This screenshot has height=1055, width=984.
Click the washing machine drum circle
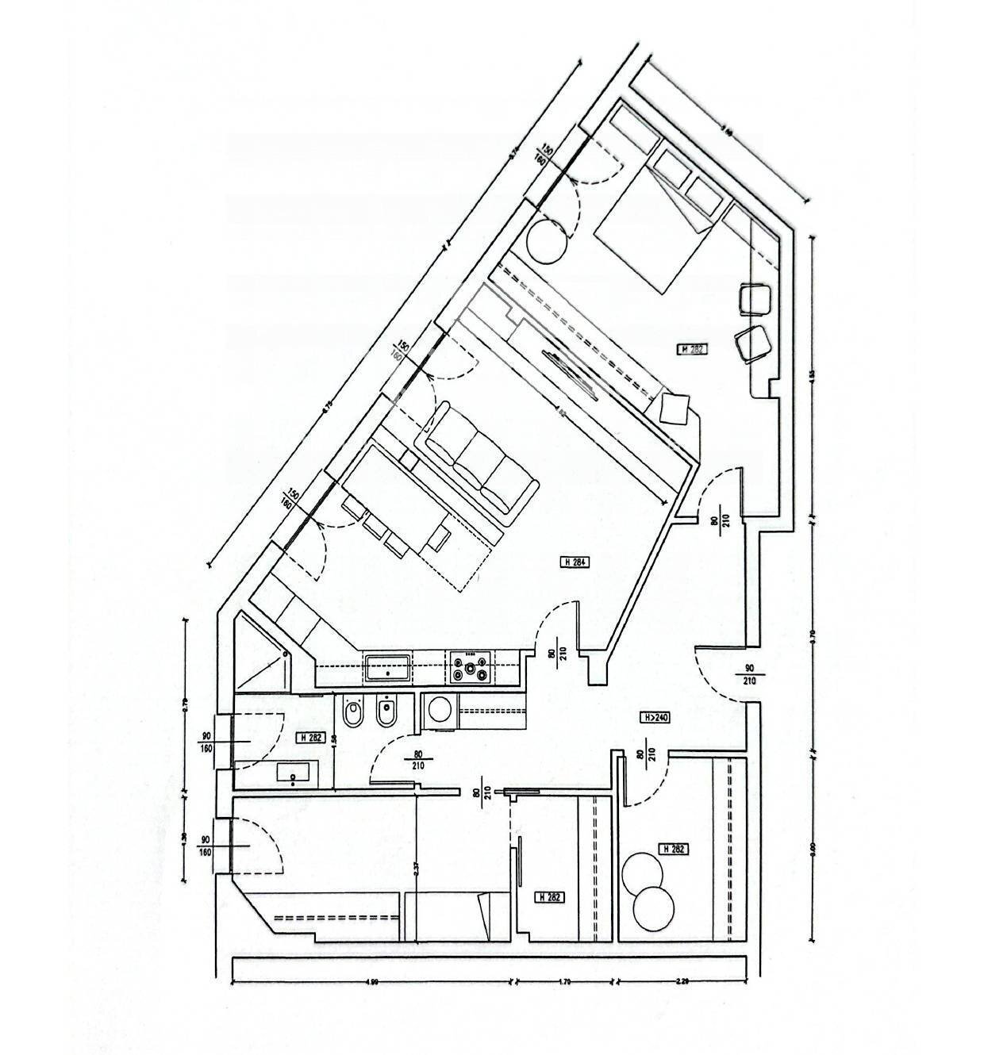[x=440, y=708]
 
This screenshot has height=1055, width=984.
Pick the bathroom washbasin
[x=294, y=771]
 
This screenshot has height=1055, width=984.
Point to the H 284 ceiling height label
[x=576, y=562]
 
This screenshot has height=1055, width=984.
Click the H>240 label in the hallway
[x=655, y=717]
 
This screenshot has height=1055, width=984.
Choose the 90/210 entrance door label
[x=750, y=674]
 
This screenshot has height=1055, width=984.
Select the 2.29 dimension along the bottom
[x=682, y=984]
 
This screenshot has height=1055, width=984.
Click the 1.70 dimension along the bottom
[x=564, y=984]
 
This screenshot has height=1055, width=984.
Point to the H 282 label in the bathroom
[x=311, y=738]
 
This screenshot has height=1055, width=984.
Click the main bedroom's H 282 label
[x=691, y=348]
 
